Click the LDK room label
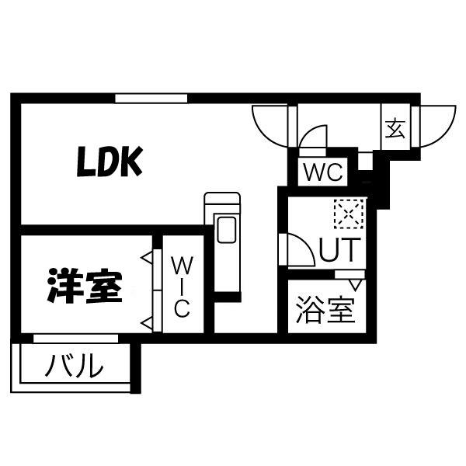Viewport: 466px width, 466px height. [110, 162]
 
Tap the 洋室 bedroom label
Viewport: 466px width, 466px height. [85, 286]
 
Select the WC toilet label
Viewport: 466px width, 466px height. [323, 172]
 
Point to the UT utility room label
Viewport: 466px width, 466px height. [340, 249]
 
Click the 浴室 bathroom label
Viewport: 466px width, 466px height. [325, 310]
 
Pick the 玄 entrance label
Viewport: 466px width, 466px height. [395, 128]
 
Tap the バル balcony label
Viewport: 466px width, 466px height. [75, 366]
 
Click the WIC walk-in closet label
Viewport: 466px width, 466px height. [182, 287]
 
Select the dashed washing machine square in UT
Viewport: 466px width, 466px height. [349, 214]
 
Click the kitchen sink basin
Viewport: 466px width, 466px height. [227, 229]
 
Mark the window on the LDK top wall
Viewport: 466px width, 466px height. [151, 99]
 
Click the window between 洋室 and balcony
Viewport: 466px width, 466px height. [76, 338]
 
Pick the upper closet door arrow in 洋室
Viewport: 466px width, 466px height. [147, 258]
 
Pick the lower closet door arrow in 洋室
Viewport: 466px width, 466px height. [147, 323]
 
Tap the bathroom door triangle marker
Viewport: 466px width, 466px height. [355, 285]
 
